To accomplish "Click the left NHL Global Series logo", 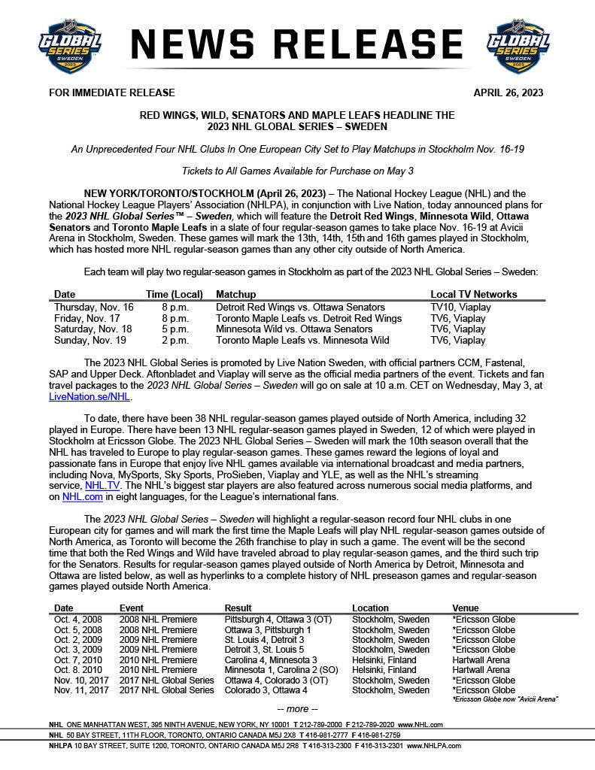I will [x=69, y=47].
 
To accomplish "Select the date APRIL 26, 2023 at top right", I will [x=508, y=92].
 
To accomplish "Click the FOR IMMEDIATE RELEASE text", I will [x=111, y=92].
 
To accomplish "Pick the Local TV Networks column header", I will [x=474, y=294].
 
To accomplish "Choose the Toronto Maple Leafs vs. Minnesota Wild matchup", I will [x=302, y=340].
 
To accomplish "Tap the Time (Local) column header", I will [x=173, y=294].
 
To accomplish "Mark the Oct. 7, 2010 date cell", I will [x=78, y=660].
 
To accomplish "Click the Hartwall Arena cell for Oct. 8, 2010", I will [x=481, y=670].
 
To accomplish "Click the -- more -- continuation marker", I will [x=298, y=709].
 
